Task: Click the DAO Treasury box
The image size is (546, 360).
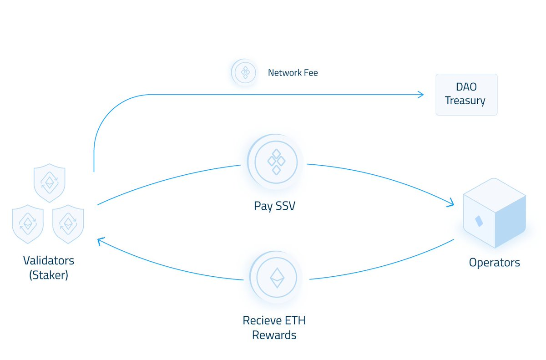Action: point(466,94)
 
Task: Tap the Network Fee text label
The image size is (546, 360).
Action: point(293,73)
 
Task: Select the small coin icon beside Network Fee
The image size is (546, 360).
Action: point(245,72)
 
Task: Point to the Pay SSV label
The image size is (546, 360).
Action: point(274,206)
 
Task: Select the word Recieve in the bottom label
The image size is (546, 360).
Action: point(259,320)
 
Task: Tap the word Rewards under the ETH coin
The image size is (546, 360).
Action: point(274,335)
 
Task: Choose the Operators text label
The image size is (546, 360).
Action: point(494,263)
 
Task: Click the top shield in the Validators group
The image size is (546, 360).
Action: point(50,183)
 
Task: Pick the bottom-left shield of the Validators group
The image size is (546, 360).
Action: point(28,224)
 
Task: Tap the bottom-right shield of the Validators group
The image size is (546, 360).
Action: point(68,224)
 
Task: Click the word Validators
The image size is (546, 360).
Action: point(48,261)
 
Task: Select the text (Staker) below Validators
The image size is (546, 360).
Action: point(48,275)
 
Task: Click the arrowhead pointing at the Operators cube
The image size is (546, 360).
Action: point(451,203)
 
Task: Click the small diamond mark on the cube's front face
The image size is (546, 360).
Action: point(479,221)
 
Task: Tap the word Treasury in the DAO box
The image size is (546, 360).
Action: point(465,101)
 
